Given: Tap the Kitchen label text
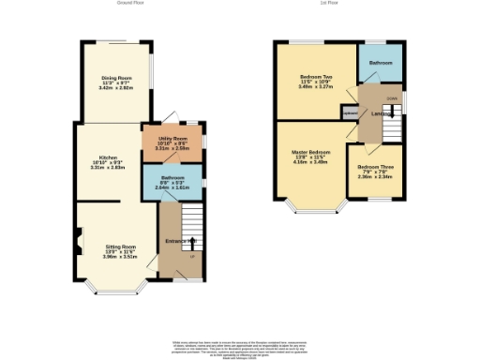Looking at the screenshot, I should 109,157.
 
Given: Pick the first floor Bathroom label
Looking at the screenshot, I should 380,62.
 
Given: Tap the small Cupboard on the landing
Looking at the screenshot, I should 350,113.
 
